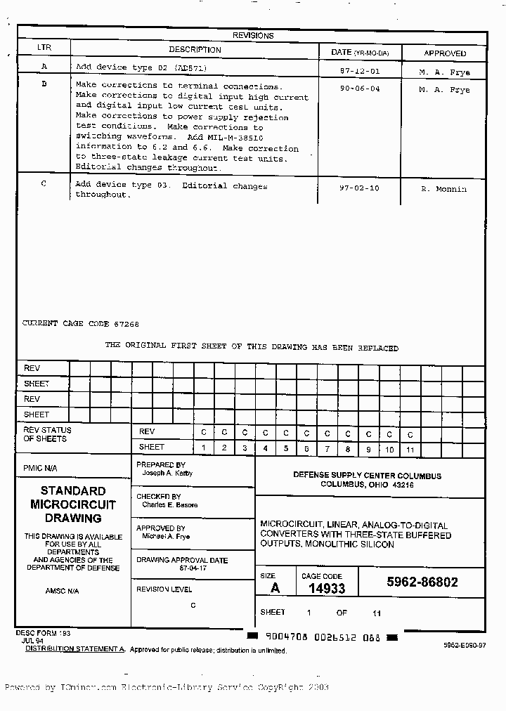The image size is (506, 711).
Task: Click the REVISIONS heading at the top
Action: click(253, 36)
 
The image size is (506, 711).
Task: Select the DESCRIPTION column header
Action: click(195, 50)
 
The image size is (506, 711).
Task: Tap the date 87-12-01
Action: click(359, 72)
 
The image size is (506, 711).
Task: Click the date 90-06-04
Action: click(359, 89)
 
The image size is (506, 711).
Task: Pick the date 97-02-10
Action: click(359, 188)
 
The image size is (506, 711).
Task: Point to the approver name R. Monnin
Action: click(443, 189)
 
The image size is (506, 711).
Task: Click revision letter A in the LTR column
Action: click(44, 67)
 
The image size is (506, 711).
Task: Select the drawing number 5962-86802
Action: click(422, 582)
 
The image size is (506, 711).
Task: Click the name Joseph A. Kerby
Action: click(167, 474)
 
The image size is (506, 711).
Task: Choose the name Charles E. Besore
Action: click(170, 505)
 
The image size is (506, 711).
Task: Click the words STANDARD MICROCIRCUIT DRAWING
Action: click(73, 504)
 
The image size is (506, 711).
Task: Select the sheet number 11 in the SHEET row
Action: click(410, 448)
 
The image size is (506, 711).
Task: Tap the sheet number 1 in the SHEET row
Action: click(204, 448)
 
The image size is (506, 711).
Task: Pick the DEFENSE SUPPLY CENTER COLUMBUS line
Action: click(367, 476)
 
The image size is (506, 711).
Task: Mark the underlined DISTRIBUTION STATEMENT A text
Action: click(74, 649)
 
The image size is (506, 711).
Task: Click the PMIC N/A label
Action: click(40, 469)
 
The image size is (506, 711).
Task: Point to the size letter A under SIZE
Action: click(275, 588)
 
